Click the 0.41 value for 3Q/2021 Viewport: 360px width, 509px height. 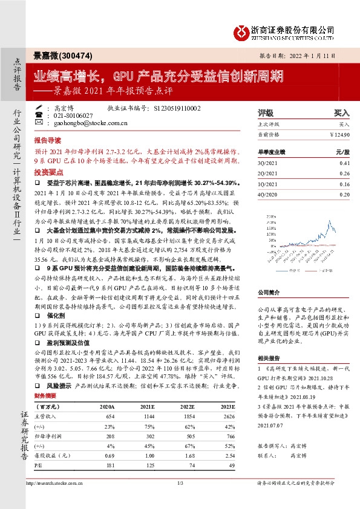tap(344, 163)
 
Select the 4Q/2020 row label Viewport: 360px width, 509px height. tap(267, 194)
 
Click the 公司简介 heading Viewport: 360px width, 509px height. tap(270, 291)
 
